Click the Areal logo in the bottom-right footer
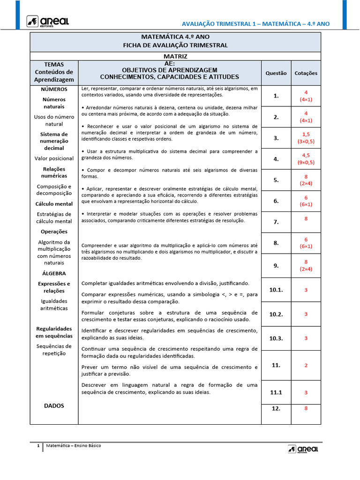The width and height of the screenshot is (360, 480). [303, 449]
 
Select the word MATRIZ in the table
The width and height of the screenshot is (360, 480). [176, 56]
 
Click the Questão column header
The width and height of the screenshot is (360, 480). [276, 73]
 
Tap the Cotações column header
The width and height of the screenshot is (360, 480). [306, 73]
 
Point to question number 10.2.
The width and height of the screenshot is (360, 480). [276, 314]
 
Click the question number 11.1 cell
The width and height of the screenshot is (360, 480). [276, 392]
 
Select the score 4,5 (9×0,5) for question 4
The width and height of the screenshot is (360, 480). [306, 159]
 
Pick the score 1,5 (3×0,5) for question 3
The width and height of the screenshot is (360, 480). [306, 138]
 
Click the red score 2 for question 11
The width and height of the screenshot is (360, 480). [306, 365]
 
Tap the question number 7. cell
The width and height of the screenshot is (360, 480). [276, 222]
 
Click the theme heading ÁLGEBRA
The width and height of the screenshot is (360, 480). [53, 273]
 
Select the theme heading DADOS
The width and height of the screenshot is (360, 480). [54, 405]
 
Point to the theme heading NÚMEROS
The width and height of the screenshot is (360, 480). [54, 89]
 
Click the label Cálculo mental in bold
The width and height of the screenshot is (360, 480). [54, 204]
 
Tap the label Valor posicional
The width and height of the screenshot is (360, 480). [54, 158]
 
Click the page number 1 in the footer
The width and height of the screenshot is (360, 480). [38, 445]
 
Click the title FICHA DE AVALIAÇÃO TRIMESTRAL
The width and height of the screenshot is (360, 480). [175, 45]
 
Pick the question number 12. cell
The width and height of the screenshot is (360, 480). [276, 408]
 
